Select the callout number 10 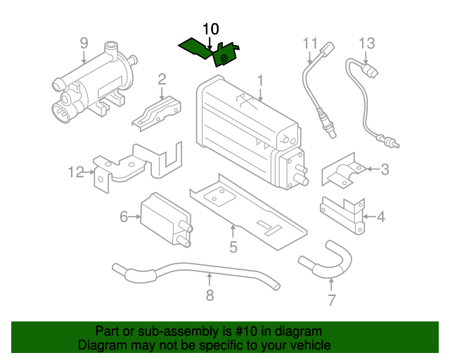[211, 29]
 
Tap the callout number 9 [84, 43]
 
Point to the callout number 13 [367, 43]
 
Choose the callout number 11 [311, 43]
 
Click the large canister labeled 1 [246, 134]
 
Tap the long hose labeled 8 [197, 274]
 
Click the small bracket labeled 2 [158, 112]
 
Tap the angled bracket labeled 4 [345, 211]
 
